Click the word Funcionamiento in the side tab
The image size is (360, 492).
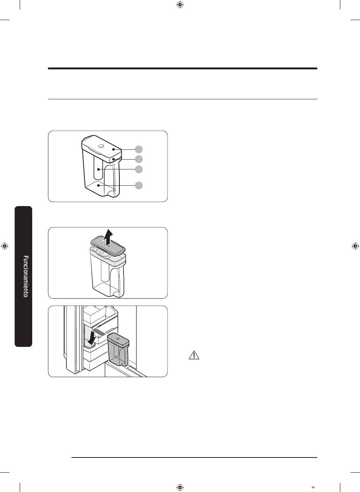click(x=26, y=276)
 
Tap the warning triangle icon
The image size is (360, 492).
click(x=194, y=355)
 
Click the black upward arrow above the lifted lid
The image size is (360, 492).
click(x=108, y=237)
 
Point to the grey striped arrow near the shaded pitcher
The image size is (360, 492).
click(x=100, y=332)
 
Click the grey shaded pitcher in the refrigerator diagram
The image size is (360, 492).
click(x=118, y=349)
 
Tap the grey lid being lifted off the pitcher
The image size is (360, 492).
click(x=108, y=246)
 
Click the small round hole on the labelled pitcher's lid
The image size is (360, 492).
click(x=101, y=146)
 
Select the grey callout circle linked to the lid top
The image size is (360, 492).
click(x=139, y=149)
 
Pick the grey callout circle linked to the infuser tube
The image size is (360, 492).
click(x=139, y=169)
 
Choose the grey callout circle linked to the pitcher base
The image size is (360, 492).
click(x=139, y=185)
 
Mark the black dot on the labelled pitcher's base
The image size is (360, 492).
click(x=99, y=186)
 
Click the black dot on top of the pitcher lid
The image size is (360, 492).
click(x=113, y=149)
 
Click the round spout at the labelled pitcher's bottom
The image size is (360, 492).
click(x=111, y=193)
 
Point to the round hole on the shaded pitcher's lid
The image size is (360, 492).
click(x=118, y=338)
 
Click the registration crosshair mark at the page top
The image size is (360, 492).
click(x=180, y=5)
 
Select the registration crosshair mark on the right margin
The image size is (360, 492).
click(x=355, y=246)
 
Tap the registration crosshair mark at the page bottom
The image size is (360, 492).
click(x=180, y=487)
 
